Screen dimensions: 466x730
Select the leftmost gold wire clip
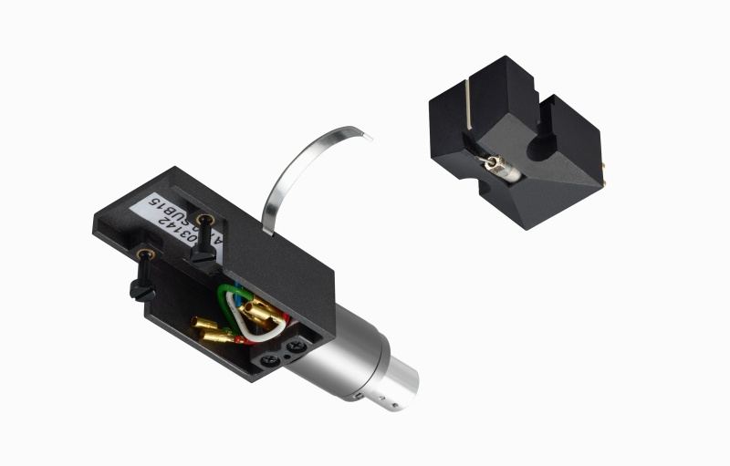coord(199,323)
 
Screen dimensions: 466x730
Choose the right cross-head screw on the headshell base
coord(298,348)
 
